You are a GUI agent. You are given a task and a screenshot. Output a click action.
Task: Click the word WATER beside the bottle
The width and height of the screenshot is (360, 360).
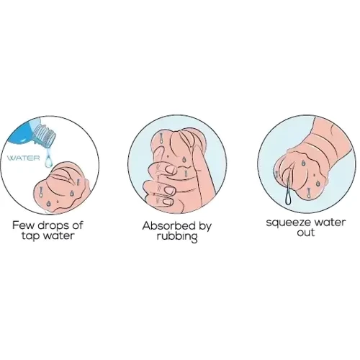(23, 158)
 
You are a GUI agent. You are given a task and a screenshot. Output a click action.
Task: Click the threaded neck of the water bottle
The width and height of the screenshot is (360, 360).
(45, 135)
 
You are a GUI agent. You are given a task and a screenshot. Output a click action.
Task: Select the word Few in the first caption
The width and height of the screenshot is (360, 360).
(22, 225)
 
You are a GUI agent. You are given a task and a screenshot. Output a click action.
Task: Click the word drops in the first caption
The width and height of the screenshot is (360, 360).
(53, 225)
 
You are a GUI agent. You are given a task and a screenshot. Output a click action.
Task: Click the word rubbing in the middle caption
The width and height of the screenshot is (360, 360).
(177, 236)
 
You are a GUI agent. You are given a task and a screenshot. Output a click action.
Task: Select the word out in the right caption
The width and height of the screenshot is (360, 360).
(305, 233)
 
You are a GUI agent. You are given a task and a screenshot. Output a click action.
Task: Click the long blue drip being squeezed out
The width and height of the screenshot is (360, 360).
(287, 192)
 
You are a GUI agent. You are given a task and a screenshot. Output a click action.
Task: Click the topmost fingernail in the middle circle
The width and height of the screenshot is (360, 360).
(172, 169)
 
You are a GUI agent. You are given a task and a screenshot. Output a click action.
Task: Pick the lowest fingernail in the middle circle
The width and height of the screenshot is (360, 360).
(168, 202)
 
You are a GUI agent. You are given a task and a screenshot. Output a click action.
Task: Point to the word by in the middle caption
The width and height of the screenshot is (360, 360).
(204, 227)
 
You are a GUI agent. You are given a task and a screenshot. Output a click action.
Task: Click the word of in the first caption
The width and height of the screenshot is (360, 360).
(77, 225)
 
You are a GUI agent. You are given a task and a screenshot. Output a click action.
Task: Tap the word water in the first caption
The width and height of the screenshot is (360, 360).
(58, 235)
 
